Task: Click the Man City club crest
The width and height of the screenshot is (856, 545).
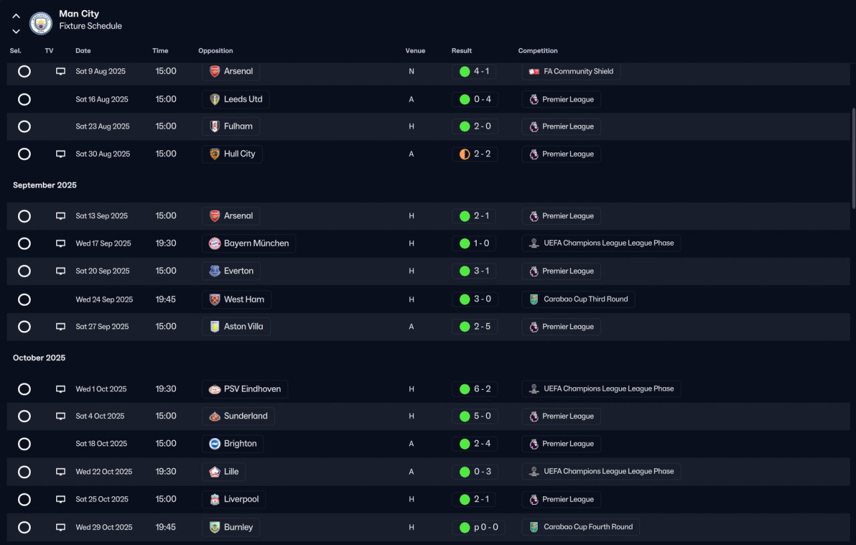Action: [x=41, y=23]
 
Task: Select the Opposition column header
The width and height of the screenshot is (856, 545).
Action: [x=215, y=50]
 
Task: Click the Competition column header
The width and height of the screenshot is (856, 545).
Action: [x=538, y=50]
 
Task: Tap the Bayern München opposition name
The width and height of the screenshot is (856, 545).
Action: [x=256, y=243]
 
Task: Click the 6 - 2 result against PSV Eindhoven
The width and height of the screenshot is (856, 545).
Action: [x=482, y=389]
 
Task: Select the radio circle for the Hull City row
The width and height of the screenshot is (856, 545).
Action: [x=25, y=154]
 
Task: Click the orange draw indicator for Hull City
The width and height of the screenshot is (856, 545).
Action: [x=465, y=154]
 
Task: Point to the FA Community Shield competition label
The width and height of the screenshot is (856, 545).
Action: [x=578, y=71]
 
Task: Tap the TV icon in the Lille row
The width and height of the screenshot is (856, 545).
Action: [x=60, y=471]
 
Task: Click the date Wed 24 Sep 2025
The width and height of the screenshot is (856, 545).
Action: [x=104, y=300]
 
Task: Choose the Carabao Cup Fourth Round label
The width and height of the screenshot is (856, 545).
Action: [x=588, y=527]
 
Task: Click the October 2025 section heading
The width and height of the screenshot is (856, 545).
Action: [x=39, y=358]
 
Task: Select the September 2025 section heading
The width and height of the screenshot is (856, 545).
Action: [x=45, y=185]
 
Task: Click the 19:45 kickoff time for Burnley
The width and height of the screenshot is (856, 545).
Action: [x=165, y=527]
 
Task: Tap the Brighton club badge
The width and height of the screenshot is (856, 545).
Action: [x=215, y=444]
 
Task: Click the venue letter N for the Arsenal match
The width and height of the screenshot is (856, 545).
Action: [x=411, y=72]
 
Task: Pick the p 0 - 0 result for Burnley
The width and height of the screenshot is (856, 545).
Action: [x=486, y=527]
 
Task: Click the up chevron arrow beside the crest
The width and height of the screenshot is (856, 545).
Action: [x=16, y=16]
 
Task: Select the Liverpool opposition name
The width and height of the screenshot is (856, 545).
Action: [x=241, y=499]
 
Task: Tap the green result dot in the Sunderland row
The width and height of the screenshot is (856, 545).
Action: [x=465, y=416]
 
